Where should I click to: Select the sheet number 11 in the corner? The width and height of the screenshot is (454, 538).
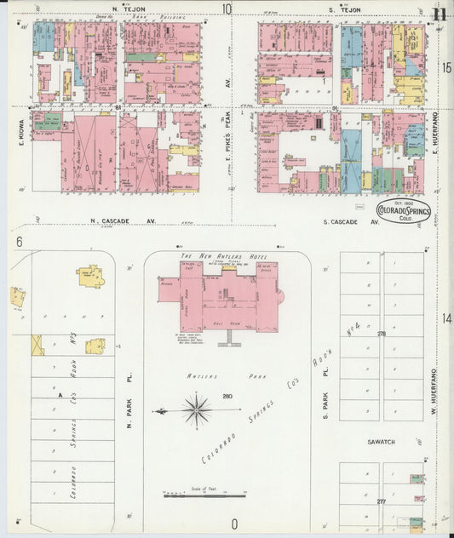(439, 12)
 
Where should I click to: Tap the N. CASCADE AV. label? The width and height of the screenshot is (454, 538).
(123, 221)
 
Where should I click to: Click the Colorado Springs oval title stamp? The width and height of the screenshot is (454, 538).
(404, 211)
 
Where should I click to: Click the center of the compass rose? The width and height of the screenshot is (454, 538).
(197, 410)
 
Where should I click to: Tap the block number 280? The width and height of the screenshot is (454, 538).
(227, 396)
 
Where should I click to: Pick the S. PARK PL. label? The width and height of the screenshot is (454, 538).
(325, 405)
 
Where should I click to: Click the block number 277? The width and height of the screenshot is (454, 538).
(382, 502)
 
